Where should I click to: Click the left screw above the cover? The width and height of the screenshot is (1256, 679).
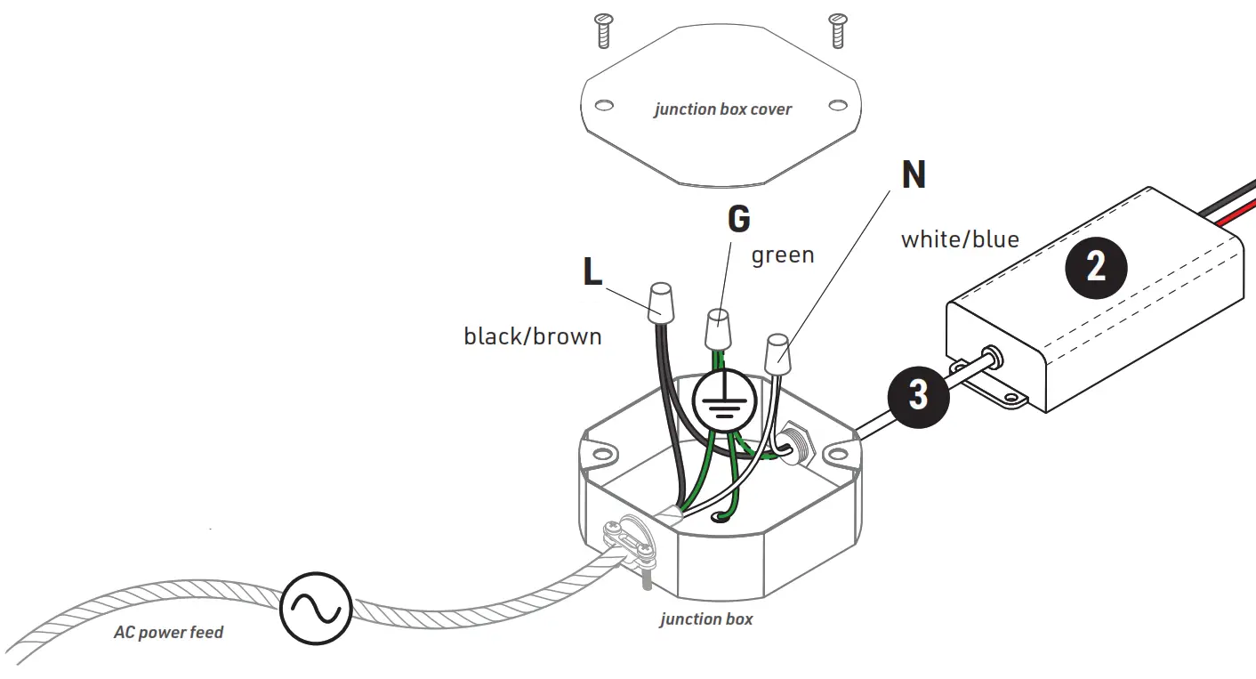pyautogui.click(x=603, y=31)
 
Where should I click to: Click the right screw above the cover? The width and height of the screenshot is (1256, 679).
pyautogui.click(x=836, y=30)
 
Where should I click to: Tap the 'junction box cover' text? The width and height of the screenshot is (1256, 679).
pyautogui.click(x=722, y=109)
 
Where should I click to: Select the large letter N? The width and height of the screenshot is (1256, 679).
pyautogui.click(x=913, y=175)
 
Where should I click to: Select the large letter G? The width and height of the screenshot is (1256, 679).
pyautogui.click(x=738, y=219)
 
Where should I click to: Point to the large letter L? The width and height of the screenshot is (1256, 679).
pyautogui.click(x=592, y=272)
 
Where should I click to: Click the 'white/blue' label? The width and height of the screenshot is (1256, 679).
pyautogui.click(x=960, y=239)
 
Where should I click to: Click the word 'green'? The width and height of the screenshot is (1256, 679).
pyautogui.click(x=783, y=255)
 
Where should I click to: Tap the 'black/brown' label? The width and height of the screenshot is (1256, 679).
pyautogui.click(x=533, y=336)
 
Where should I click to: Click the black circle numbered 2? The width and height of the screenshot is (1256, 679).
pyautogui.click(x=1096, y=266)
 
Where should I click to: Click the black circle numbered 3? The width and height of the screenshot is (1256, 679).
pyautogui.click(x=918, y=394)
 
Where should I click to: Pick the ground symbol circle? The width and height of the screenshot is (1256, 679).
pyautogui.click(x=725, y=401)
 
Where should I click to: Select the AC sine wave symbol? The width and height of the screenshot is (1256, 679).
pyautogui.click(x=316, y=609)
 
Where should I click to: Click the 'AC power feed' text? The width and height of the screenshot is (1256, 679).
pyautogui.click(x=168, y=633)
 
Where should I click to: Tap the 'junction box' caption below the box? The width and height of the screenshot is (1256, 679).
pyautogui.click(x=706, y=618)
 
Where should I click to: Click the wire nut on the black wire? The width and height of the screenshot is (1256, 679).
pyautogui.click(x=661, y=304)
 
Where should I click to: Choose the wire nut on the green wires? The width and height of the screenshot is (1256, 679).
pyautogui.click(x=718, y=330)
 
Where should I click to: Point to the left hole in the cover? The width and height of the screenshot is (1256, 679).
pyautogui.click(x=604, y=105)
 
